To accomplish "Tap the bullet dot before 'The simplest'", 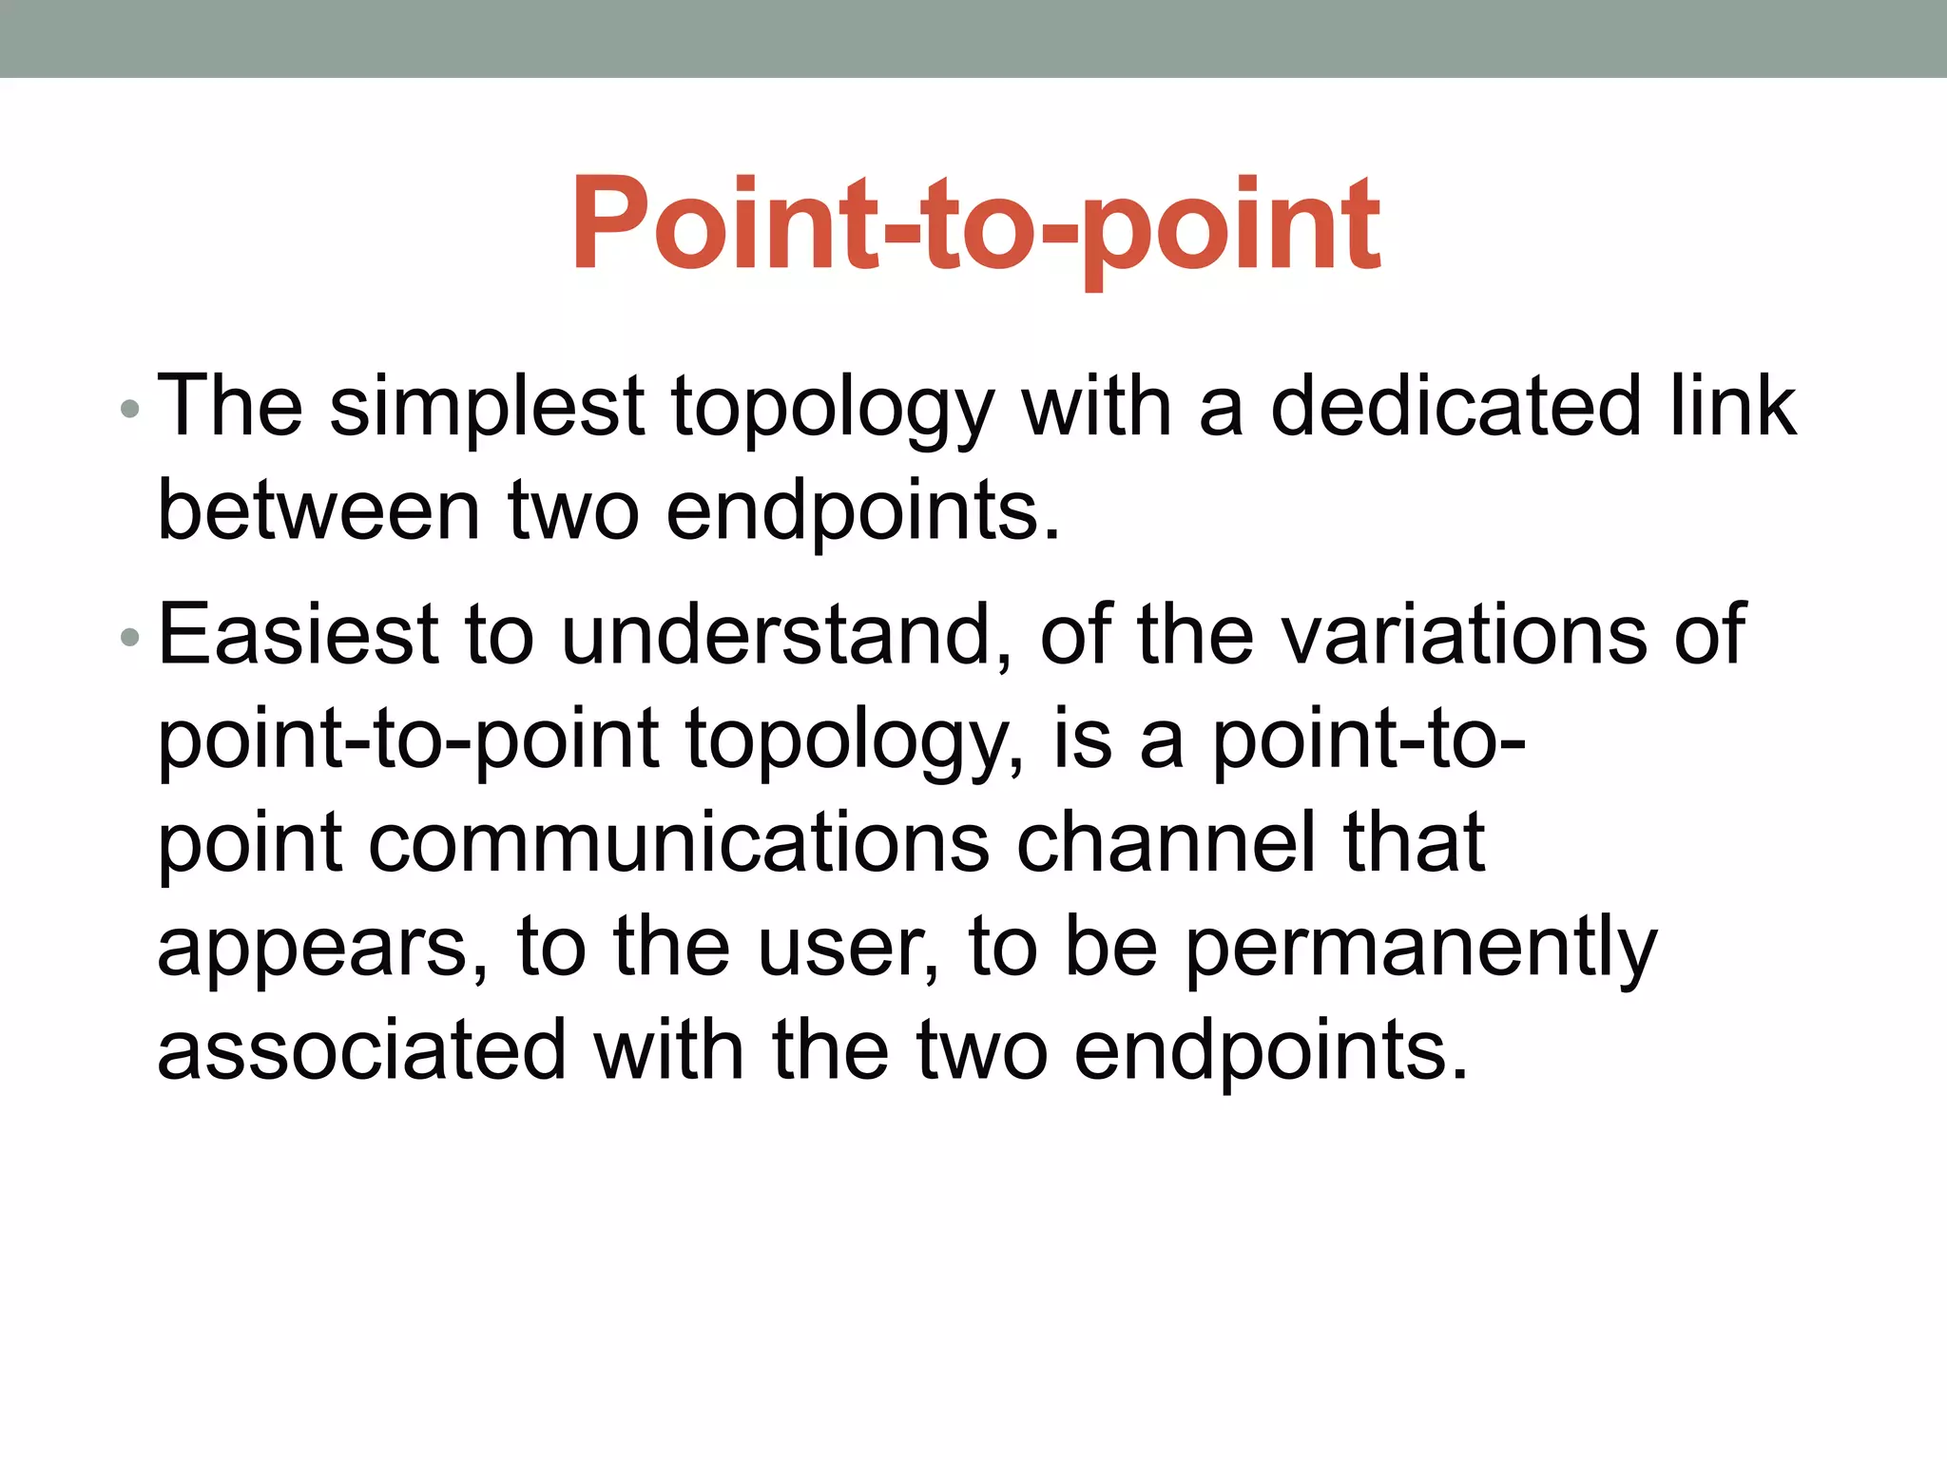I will pos(130,410).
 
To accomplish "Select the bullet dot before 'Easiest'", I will pos(130,638).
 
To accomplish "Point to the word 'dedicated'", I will pos(1455,406).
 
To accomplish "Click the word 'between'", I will pos(318,510).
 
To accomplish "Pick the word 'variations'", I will pos(1465,634).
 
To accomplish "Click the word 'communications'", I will pos(679,842).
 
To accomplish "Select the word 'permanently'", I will pos(1420,949).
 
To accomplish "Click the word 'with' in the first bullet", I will pos(1096,406).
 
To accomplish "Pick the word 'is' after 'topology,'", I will pos(1082,739).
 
